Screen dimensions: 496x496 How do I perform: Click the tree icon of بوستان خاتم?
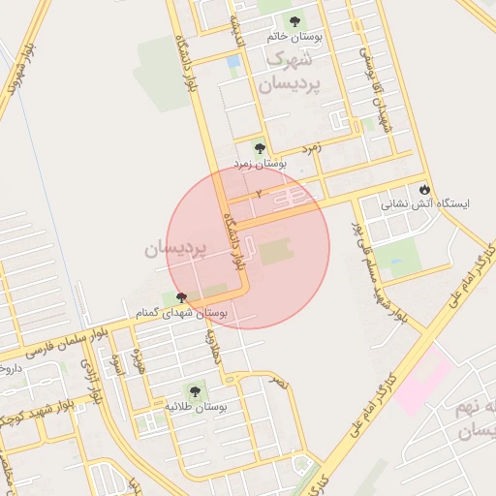coord(294,20)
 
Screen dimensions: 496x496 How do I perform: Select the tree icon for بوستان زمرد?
coord(259,148)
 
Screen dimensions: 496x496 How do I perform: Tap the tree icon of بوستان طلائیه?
coord(195,391)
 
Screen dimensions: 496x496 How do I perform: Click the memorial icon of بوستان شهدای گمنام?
coord(181,297)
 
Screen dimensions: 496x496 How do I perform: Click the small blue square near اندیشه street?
coord(233,62)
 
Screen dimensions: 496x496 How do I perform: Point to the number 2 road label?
coord(259,195)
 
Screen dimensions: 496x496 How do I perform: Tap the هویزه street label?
coord(139,363)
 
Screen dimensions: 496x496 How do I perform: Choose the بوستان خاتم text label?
coord(295,37)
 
